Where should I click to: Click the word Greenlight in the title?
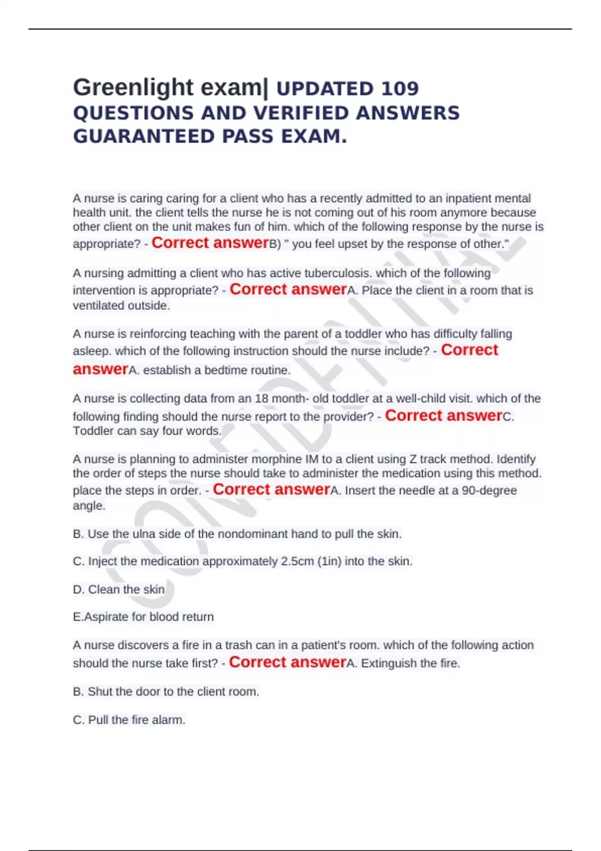pyautogui.click(x=133, y=88)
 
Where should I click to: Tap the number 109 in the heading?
pyautogui.click(x=400, y=89)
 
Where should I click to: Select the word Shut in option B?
pyautogui.click(x=100, y=692)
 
